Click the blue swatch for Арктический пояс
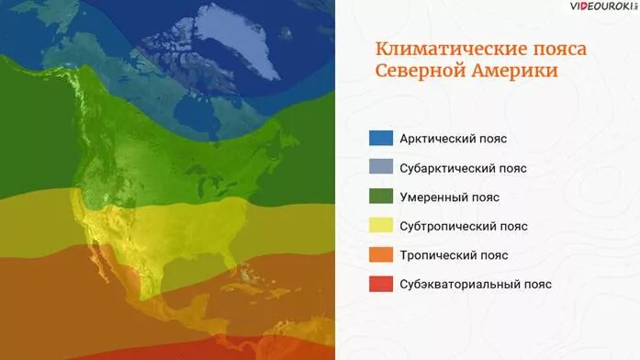[381, 139]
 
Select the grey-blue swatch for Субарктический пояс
[381, 168]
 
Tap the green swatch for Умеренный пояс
[381, 197]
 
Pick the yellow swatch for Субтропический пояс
[381, 226]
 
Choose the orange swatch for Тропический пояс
[381, 254]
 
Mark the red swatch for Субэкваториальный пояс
[381, 284]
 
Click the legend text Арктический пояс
[454, 139]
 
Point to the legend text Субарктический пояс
[463, 168]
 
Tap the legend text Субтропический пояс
[464, 226]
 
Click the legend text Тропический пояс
[454, 254]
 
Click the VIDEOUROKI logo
[601, 7]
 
